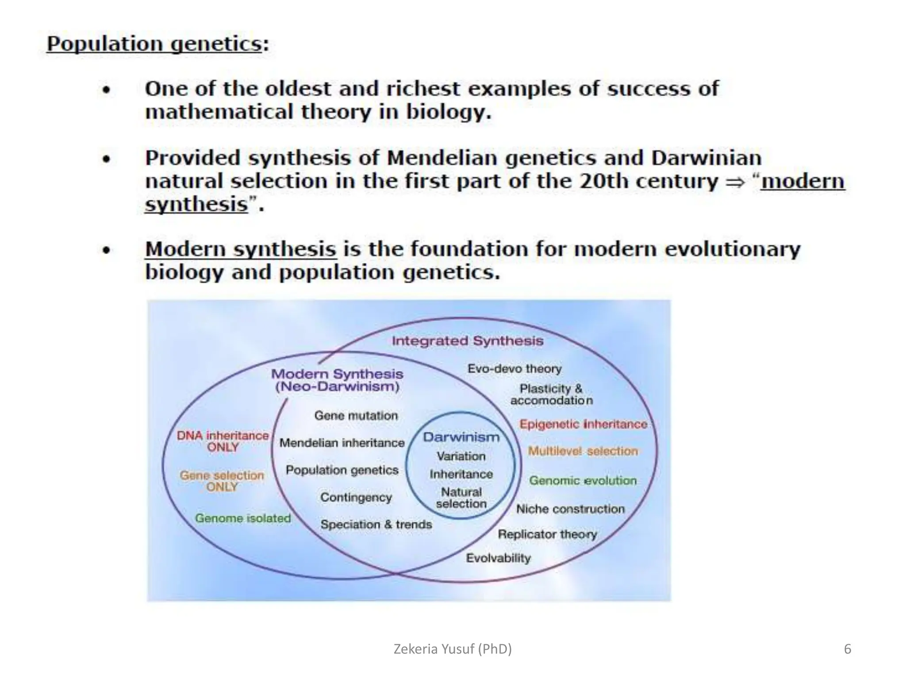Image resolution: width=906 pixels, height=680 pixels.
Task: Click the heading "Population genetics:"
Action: [157, 44]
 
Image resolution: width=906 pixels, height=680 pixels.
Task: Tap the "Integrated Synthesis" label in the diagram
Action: [467, 341]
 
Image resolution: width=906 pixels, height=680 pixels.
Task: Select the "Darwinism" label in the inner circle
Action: [461, 437]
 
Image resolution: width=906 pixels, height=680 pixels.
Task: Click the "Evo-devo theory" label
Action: [514, 368]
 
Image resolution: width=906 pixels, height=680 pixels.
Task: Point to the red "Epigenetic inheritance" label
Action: [583, 424]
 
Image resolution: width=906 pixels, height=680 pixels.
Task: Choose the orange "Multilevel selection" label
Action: [583, 451]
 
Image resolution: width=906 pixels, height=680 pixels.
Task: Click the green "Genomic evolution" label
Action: [583, 480]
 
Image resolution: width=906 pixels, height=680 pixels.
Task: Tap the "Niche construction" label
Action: [570, 509]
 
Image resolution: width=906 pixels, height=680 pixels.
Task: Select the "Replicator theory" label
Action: [547, 534]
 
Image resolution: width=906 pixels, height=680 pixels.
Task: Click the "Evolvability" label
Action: [498, 558]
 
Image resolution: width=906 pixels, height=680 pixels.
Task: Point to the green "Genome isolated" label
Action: [243, 518]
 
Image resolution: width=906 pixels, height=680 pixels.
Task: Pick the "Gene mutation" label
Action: [356, 416]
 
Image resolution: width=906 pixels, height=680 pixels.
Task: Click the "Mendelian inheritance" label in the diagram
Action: [342, 443]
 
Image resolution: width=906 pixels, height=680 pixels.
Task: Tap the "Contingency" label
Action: [356, 497]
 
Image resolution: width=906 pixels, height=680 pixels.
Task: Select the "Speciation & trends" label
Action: [376, 525]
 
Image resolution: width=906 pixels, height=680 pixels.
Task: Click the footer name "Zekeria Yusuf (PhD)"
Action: [453, 649]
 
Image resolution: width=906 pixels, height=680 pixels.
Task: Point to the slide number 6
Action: [848, 649]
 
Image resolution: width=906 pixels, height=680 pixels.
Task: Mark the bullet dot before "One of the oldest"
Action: [106, 90]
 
